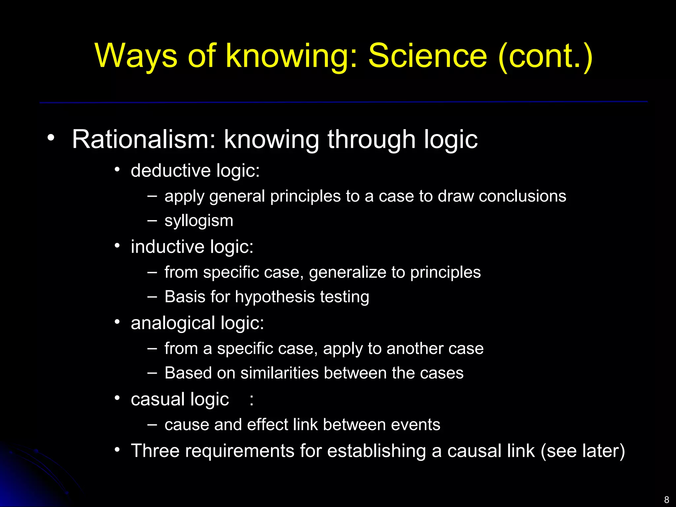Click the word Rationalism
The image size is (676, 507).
(144, 139)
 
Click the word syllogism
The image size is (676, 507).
(199, 221)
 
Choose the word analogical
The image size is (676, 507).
(173, 323)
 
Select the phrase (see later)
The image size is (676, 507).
(583, 451)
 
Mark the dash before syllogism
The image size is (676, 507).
(152, 220)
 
